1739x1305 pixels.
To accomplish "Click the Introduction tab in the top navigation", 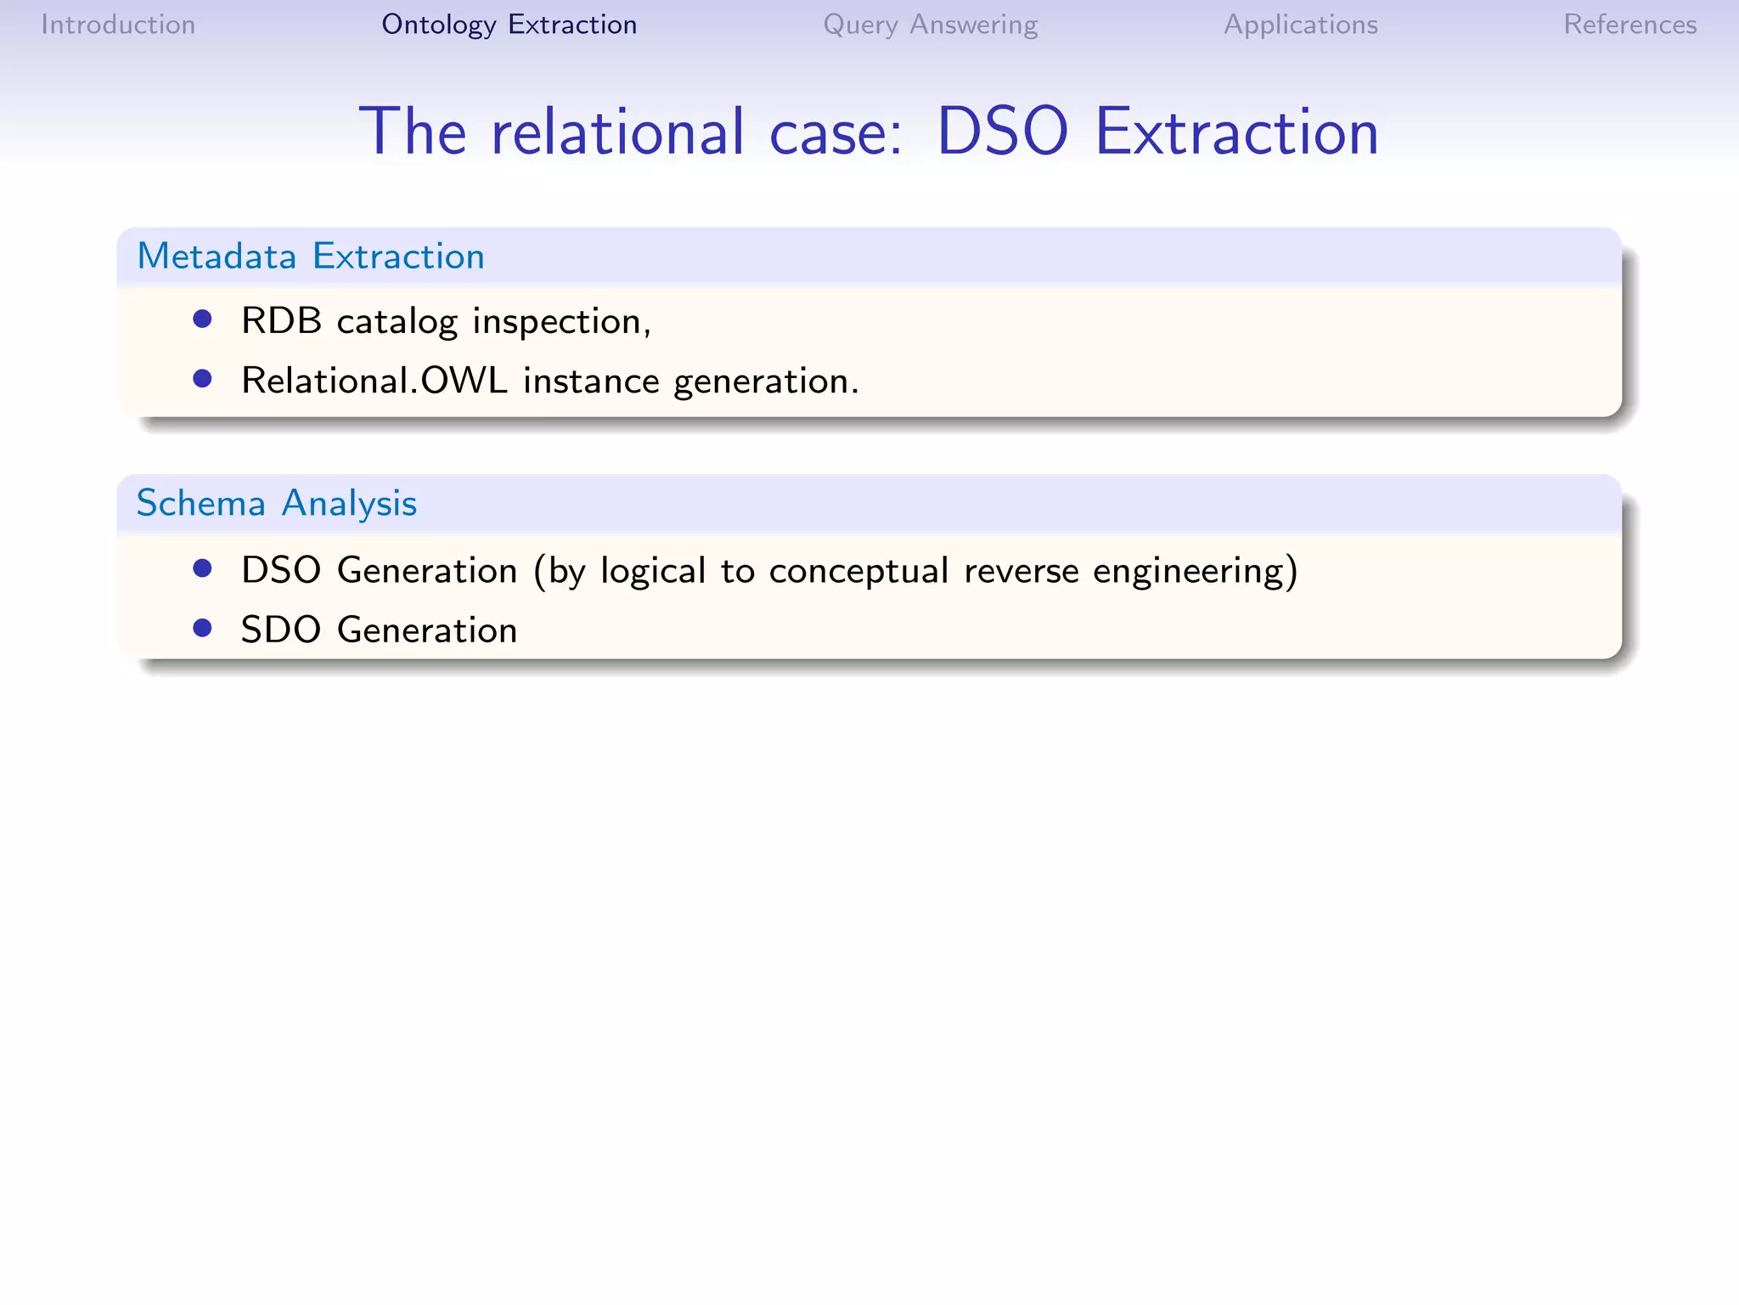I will pyautogui.click(x=118, y=25).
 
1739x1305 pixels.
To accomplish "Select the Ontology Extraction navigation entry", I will pyautogui.click(x=509, y=25).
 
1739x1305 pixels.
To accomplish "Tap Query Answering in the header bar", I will pyautogui.click(x=930, y=25).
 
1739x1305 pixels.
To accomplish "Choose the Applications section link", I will pyautogui.click(x=1300, y=25).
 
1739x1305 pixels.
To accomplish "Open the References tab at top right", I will pyautogui.click(x=1629, y=25).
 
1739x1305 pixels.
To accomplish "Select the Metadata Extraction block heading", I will pyautogui.click(x=311, y=256).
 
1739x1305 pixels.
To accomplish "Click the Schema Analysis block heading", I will pyautogui.click(x=277, y=503).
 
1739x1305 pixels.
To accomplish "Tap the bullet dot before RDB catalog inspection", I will pyautogui.click(x=202, y=319).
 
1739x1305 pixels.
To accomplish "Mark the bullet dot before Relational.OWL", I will pyautogui.click(x=202, y=378).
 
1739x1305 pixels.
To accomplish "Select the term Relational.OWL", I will pyautogui.click(x=374, y=381).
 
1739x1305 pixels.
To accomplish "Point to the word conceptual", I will pyautogui.click(x=858, y=571).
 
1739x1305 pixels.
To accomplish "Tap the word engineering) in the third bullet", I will pyautogui.click(x=1196, y=571).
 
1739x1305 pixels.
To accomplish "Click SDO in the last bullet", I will pyautogui.click(x=281, y=630).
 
